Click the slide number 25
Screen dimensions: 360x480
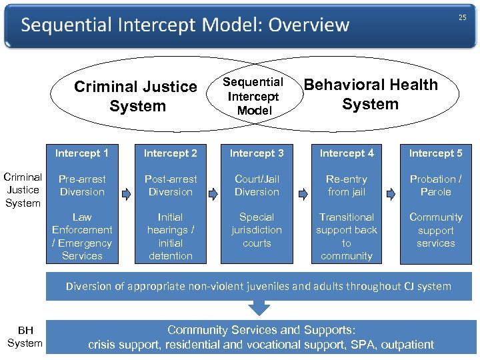pos(462,18)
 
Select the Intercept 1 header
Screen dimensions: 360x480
pos(82,153)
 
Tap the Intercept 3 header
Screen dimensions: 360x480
pos(257,153)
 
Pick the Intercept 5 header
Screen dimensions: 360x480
pos(435,153)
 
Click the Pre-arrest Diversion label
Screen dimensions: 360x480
pos(82,185)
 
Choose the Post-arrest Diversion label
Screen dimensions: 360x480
pos(171,185)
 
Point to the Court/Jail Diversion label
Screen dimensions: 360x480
pos(257,185)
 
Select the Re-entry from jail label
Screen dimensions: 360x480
pos(347,185)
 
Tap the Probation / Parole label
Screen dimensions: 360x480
pos(435,185)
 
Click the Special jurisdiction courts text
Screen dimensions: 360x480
pos(257,230)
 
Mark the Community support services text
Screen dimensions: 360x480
pos(435,230)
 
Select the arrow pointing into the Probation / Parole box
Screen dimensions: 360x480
pos(391,194)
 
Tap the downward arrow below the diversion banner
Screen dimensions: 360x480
pos(259,307)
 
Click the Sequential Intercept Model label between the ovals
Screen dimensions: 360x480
pos(253,97)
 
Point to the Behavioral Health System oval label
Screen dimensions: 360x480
pos(371,94)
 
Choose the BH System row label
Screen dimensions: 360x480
pos(25,337)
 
